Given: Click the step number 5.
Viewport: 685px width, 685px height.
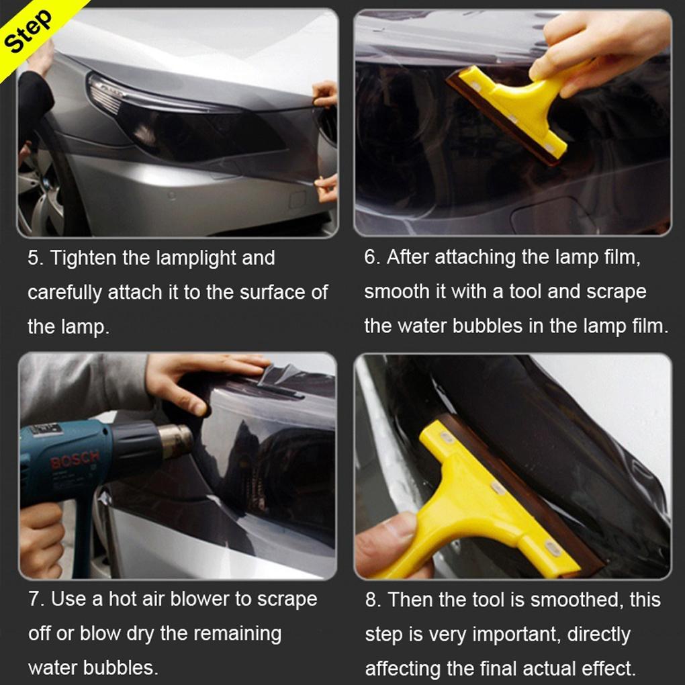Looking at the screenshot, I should pos(34,258).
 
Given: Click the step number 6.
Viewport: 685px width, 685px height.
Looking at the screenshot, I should pos(371,257).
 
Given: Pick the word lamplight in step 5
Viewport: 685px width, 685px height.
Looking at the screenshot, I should pos(195,258).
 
